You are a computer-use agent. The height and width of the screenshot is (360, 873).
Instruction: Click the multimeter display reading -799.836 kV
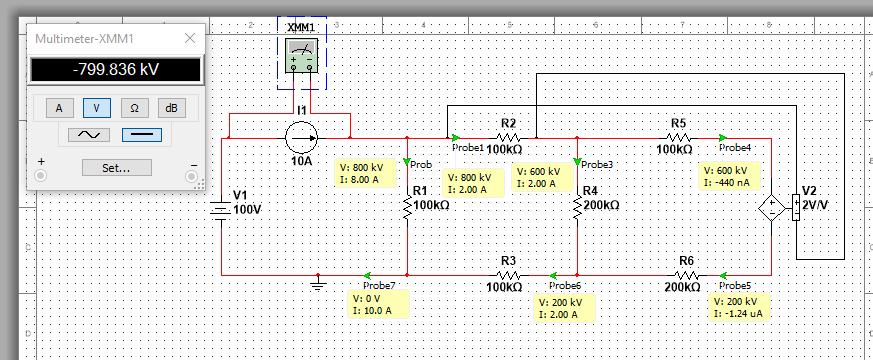(x=115, y=70)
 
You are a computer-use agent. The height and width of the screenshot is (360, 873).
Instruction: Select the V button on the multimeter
(x=97, y=107)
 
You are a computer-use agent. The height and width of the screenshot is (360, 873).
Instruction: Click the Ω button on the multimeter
(x=135, y=107)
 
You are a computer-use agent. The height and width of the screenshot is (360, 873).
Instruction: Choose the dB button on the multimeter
(x=172, y=107)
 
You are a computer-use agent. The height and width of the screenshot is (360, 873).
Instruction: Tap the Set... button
(x=115, y=168)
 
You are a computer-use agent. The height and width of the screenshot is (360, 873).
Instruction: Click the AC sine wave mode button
(x=89, y=135)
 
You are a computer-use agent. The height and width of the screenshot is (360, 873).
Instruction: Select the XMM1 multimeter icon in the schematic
(x=302, y=58)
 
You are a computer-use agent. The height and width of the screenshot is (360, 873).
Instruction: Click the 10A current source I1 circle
(x=301, y=137)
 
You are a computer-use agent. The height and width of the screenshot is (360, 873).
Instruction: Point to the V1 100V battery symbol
(x=219, y=210)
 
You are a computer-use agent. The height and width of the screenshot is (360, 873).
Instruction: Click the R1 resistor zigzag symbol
(x=408, y=206)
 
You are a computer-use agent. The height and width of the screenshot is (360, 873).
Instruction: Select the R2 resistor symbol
(x=508, y=138)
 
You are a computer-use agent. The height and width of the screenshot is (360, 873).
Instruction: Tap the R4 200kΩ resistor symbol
(x=578, y=206)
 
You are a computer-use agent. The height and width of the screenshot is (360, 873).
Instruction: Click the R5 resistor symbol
(x=678, y=138)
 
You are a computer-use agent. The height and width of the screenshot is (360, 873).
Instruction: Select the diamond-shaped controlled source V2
(x=771, y=209)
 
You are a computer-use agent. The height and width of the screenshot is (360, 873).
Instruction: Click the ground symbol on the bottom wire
(x=318, y=285)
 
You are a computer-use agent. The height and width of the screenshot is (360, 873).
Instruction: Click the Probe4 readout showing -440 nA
(x=730, y=176)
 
